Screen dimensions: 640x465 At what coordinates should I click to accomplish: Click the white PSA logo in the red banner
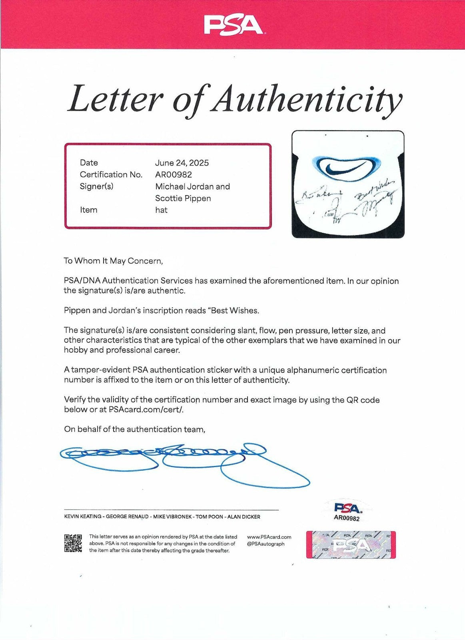[233, 25]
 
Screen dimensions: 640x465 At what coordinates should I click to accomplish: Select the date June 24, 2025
[182, 163]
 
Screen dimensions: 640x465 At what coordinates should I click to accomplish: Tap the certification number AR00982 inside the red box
[174, 174]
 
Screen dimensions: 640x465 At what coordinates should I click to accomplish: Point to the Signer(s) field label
[96, 186]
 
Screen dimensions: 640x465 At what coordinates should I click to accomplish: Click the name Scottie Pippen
[183, 198]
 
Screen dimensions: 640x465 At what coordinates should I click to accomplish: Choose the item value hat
[161, 210]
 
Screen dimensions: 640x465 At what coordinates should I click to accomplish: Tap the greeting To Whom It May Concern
[113, 261]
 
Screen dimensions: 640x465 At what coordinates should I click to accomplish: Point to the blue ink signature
[184, 462]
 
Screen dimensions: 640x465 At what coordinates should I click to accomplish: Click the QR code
[73, 543]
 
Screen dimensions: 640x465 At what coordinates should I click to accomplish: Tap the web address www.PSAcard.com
[269, 537]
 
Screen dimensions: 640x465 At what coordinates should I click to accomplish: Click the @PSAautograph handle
[266, 544]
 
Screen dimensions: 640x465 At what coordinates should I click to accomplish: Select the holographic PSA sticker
[351, 544]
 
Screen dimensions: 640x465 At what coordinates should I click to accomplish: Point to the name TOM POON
[210, 517]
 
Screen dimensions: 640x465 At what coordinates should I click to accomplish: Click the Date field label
[89, 163]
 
